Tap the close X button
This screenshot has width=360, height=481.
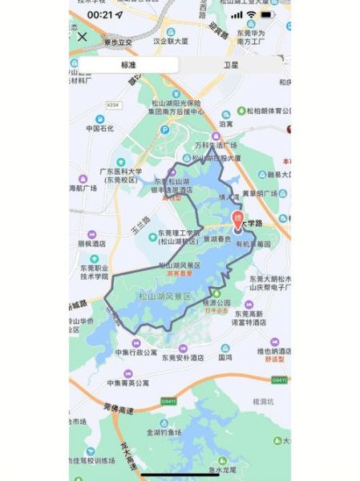82,36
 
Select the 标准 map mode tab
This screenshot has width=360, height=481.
128,65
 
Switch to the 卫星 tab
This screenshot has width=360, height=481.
229,65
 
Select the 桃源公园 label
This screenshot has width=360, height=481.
217,302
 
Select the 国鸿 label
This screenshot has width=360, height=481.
225,358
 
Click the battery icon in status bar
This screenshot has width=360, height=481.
267,14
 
